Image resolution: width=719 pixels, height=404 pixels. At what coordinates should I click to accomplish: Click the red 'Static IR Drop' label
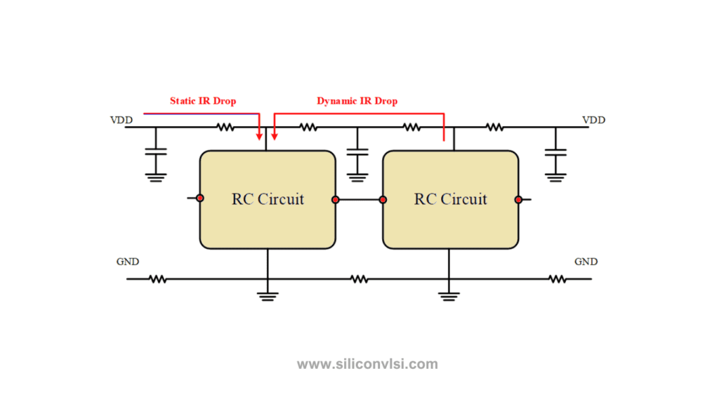203,101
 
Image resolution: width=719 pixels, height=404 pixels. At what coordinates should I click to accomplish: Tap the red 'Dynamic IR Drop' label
357,101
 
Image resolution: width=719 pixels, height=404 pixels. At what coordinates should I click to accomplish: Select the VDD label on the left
121,120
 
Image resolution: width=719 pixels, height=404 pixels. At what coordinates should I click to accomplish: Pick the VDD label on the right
594,120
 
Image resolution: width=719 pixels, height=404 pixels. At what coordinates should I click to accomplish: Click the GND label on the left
128,262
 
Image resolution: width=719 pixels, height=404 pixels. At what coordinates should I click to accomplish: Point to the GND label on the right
586,262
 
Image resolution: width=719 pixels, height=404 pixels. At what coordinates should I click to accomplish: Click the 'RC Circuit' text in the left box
268,199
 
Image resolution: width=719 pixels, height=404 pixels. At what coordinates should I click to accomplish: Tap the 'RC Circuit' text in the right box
450,199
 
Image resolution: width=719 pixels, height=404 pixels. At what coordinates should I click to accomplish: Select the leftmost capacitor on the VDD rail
156,151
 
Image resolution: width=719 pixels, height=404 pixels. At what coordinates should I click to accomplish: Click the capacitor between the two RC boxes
357,152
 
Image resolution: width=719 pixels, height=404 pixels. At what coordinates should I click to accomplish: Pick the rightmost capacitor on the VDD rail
555,152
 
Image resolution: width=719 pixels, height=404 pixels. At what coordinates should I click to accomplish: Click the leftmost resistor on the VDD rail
225,127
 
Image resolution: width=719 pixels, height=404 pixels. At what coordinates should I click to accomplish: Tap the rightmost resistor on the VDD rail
494,127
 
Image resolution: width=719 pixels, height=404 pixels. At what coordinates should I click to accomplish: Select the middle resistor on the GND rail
359,279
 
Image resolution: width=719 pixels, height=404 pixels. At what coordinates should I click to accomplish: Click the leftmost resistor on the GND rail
157,279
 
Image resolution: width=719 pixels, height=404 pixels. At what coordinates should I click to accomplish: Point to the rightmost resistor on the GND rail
557,279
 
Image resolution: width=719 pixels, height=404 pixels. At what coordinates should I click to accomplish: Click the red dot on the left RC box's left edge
200,198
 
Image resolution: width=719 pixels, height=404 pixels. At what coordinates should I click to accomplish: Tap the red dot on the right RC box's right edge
518,200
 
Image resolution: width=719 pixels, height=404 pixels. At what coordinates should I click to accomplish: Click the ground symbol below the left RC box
268,297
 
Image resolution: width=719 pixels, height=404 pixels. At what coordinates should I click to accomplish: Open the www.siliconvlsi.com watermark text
367,364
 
